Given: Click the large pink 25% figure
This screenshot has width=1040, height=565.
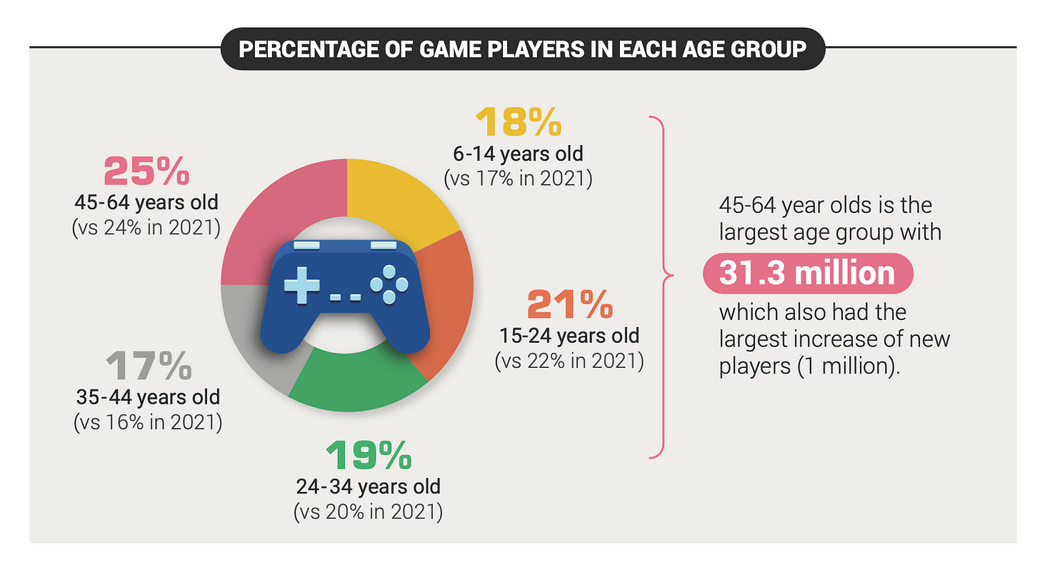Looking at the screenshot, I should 147,172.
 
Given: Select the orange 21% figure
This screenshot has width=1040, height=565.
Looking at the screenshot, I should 569,305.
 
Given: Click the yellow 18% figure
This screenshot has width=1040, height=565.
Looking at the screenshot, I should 519,124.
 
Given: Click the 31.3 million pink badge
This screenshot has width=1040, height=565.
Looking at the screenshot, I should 808,274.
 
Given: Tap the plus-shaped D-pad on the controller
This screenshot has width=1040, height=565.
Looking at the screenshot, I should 301,284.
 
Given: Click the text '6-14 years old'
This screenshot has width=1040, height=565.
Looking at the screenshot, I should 518,154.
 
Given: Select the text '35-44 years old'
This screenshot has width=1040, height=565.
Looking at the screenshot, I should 148,396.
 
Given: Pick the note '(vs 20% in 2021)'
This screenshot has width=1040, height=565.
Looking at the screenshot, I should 368,511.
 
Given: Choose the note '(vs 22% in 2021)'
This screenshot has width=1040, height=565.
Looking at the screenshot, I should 569,361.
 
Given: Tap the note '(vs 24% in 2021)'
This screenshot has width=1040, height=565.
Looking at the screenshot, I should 146,229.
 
